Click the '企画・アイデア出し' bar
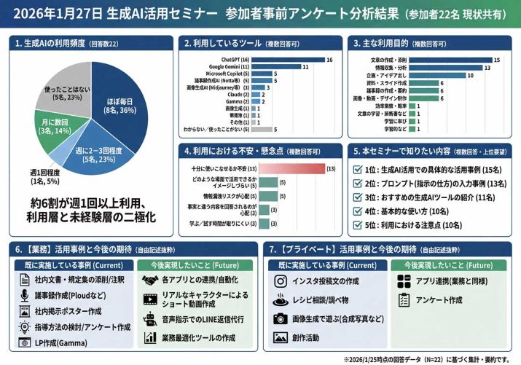pos(436,74)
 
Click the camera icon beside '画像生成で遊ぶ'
pos(280,318)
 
